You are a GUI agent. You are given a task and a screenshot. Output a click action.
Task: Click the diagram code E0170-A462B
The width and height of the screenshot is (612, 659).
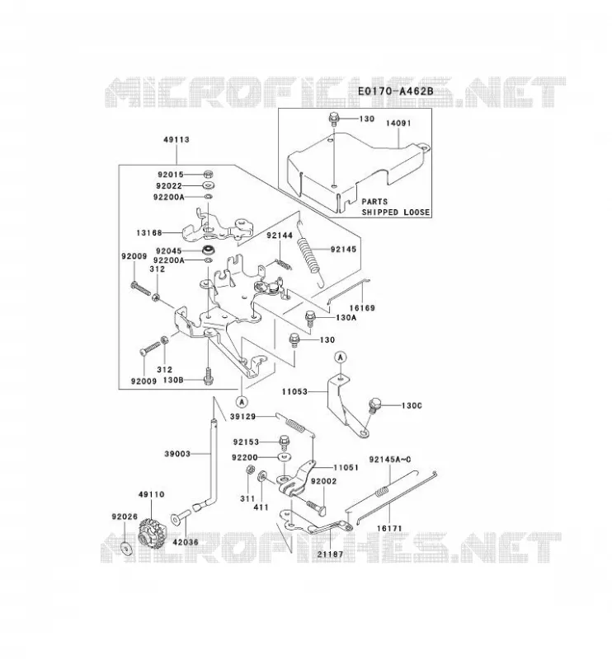(x=395, y=91)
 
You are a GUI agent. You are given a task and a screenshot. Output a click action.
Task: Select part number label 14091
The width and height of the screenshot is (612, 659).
(x=398, y=123)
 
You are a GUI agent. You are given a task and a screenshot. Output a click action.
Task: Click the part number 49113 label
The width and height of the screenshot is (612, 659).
(x=177, y=139)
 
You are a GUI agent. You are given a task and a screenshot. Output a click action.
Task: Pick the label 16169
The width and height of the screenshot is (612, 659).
(x=362, y=307)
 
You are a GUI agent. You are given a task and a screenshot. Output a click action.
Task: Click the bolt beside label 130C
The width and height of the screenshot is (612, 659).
(x=374, y=405)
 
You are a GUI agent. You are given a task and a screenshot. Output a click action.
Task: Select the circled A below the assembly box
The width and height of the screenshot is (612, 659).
(x=242, y=402)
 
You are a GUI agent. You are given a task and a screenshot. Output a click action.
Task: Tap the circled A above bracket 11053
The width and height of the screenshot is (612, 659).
(x=341, y=358)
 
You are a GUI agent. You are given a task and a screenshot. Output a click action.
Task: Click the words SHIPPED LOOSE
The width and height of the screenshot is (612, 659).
(x=396, y=213)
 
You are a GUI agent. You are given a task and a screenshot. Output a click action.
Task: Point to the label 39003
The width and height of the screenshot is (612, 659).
(x=177, y=454)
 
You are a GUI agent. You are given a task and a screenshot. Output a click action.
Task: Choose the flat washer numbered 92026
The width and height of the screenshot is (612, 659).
(x=126, y=549)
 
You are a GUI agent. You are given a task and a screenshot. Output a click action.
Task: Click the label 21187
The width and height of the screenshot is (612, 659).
(x=330, y=554)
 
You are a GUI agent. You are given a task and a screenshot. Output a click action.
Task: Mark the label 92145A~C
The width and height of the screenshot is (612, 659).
(x=390, y=460)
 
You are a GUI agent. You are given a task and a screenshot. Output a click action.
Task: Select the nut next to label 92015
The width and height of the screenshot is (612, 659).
(x=208, y=174)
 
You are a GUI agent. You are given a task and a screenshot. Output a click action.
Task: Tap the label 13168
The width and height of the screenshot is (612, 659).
(x=149, y=232)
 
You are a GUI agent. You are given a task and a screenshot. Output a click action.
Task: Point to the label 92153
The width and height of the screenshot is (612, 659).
(x=246, y=442)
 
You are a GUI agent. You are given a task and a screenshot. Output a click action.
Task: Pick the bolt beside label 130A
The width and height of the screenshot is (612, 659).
(x=309, y=318)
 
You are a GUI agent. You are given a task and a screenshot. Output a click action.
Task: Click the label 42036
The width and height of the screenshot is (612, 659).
(x=186, y=542)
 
